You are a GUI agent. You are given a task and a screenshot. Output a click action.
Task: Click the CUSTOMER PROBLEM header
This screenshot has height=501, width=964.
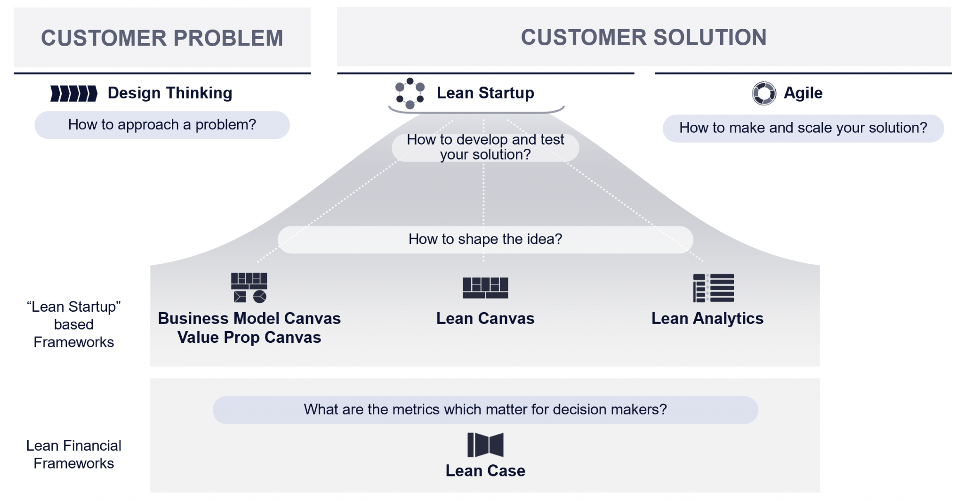point(162,38)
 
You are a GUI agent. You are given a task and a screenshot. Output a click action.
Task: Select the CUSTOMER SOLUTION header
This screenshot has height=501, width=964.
point(643,37)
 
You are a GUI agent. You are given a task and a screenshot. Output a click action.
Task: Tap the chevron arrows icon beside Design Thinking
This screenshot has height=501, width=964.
point(74,93)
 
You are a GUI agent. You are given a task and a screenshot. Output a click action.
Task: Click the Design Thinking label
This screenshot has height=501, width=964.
point(170,93)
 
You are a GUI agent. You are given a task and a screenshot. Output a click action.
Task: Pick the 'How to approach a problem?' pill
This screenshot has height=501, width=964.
point(162,125)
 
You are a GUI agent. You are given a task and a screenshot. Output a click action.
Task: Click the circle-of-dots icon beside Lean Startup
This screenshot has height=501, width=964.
point(410,93)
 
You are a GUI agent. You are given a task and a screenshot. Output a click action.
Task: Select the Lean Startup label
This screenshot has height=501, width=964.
point(485,93)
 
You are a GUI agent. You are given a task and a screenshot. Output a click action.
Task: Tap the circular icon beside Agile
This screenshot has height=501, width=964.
point(763,93)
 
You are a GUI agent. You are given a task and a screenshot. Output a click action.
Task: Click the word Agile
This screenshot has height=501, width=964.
point(803,93)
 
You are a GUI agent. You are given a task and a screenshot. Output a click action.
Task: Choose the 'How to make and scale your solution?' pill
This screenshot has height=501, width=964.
point(803,128)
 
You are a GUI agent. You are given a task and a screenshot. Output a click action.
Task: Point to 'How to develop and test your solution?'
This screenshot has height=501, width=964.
point(485,147)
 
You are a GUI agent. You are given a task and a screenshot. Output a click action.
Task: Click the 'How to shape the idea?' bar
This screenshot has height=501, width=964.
point(485,239)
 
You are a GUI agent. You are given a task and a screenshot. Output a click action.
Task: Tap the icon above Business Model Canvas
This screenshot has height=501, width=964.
point(249,287)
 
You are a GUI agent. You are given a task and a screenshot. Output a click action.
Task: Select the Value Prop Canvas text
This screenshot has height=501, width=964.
point(249,338)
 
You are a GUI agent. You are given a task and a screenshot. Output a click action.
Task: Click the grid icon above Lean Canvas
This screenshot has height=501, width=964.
point(485,288)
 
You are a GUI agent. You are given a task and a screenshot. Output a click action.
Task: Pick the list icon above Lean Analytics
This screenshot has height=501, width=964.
point(713,288)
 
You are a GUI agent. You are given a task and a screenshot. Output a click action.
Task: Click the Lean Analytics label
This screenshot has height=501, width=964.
point(707,319)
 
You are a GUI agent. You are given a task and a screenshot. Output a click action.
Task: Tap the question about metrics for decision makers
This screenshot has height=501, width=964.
point(485,410)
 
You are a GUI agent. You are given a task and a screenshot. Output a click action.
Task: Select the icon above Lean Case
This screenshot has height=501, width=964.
point(485,445)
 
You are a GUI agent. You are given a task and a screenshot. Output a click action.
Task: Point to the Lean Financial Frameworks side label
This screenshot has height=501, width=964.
point(74,454)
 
